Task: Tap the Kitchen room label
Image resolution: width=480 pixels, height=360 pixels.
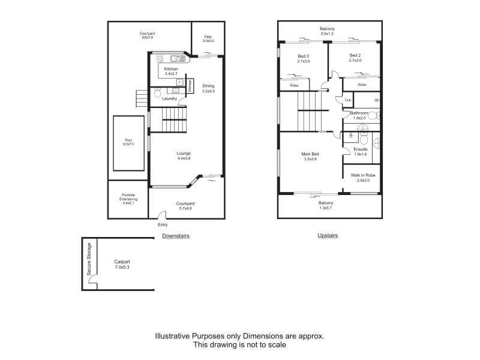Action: click(171, 69)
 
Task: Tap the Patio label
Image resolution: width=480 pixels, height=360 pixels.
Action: click(208, 37)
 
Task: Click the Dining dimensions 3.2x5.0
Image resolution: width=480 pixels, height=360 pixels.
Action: click(208, 91)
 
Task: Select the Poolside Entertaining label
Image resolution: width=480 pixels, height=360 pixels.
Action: click(129, 199)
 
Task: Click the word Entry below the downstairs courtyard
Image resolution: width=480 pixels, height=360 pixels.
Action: click(163, 225)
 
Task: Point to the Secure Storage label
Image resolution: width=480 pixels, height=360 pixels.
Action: click(89, 259)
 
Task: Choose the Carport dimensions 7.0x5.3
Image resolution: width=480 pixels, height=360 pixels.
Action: click(122, 268)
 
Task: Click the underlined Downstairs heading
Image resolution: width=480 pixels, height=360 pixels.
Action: click(176, 236)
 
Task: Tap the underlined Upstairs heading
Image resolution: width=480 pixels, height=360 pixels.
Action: click(328, 235)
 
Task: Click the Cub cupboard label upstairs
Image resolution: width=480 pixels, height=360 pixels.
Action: click(348, 100)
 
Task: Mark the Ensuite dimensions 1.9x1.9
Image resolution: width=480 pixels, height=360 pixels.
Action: click(360, 154)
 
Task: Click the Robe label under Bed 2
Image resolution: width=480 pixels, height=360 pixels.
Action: click(362, 85)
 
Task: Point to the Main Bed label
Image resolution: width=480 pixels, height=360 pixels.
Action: click(310, 154)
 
